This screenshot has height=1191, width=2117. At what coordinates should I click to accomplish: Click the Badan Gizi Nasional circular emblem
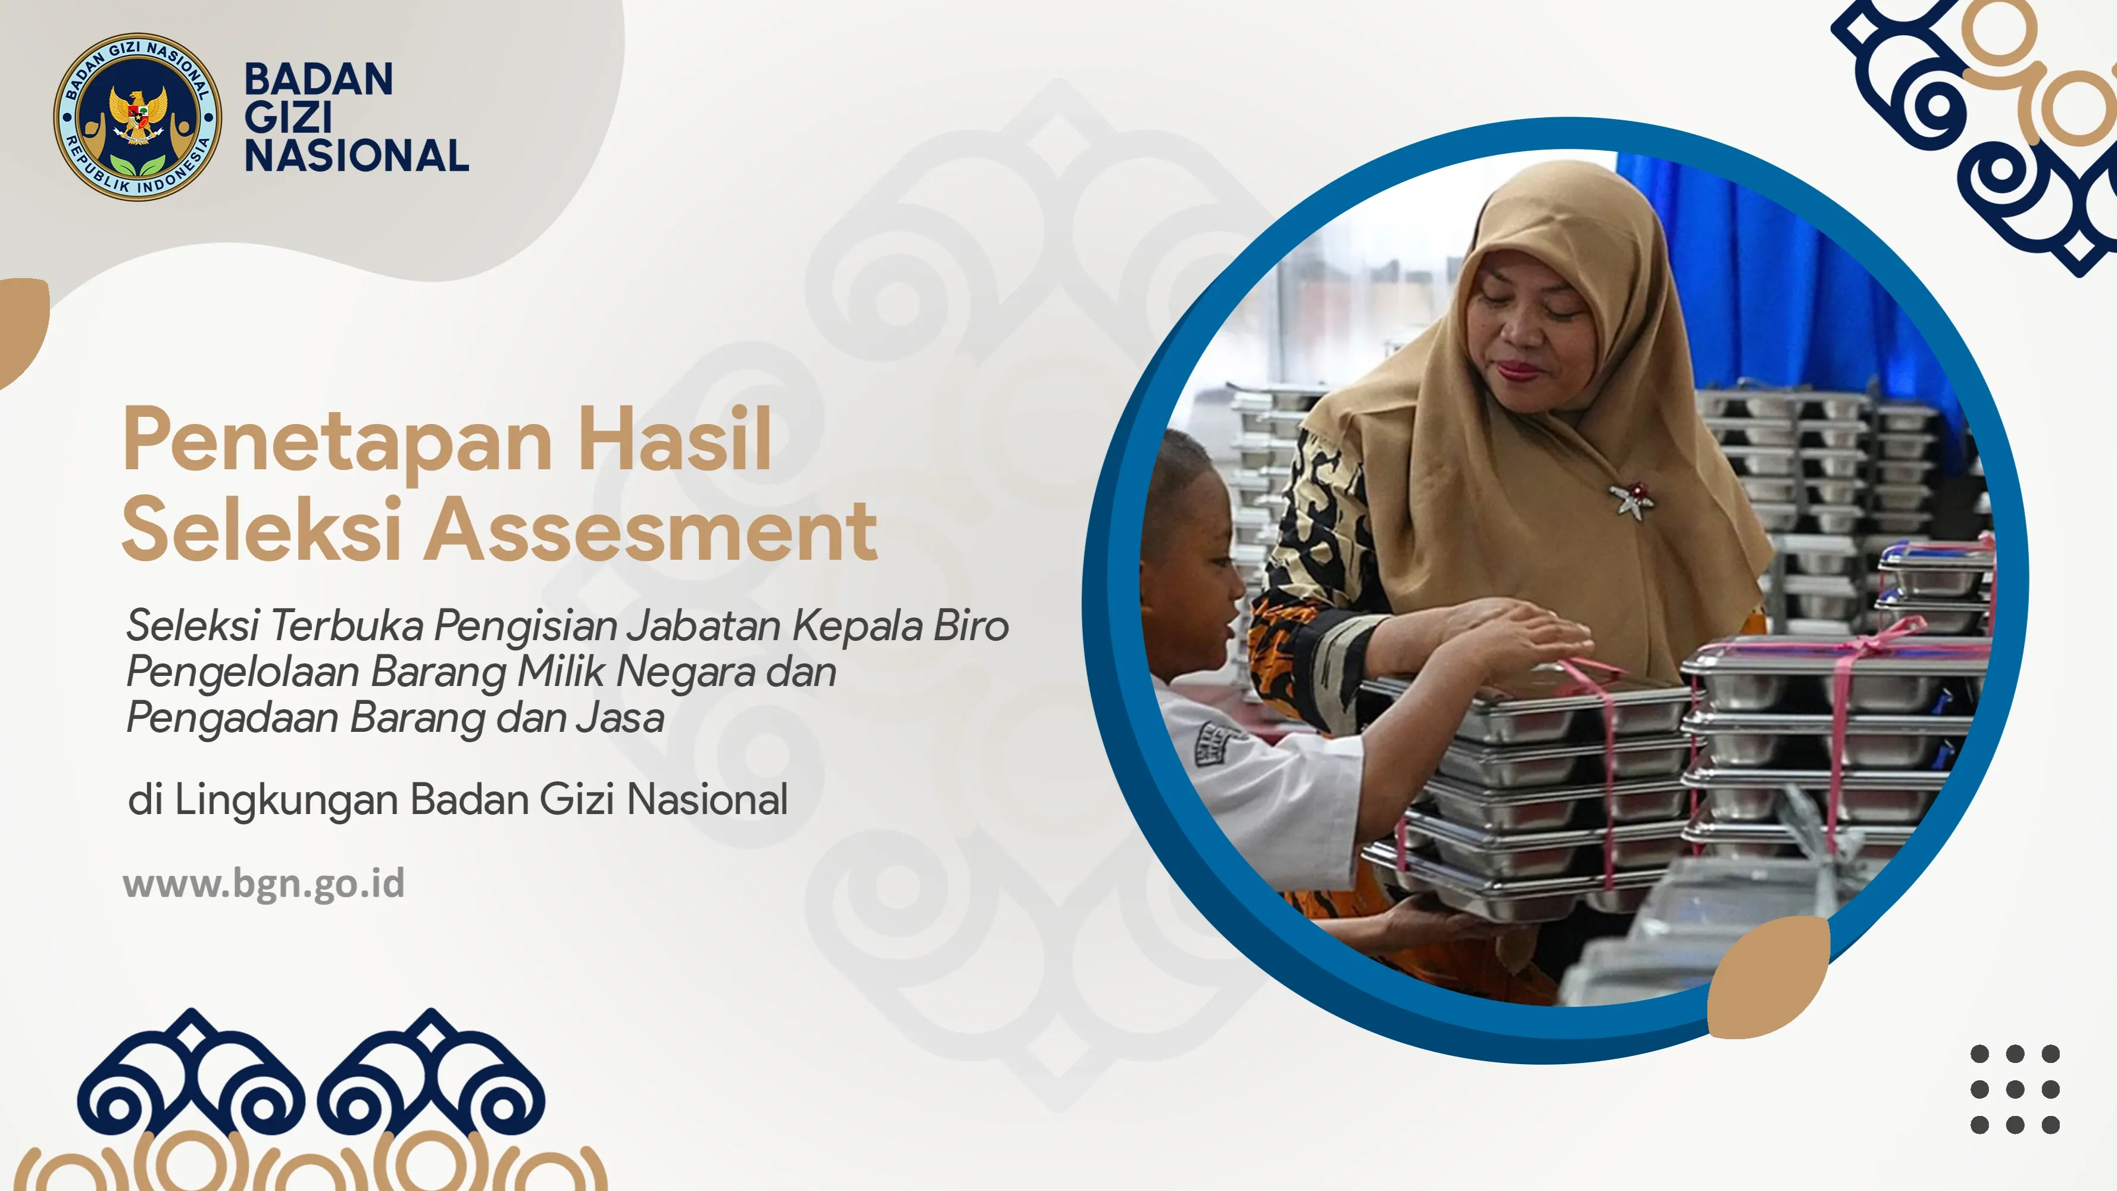pyautogui.click(x=138, y=117)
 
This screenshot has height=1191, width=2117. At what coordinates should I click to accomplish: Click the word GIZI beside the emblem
pyautogui.click(x=288, y=117)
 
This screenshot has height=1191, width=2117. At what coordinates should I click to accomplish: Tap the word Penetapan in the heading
pyautogui.click(x=337, y=441)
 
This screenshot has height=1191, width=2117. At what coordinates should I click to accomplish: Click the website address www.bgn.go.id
pyautogui.click(x=264, y=884)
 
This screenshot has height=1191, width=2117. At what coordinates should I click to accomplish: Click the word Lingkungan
pyautogui.click(x=286, y=800)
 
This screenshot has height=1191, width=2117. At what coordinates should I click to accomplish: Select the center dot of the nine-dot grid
pyautogui.click(x=2015, y=1089)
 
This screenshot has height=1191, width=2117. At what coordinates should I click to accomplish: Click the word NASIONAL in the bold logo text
pyautogui.click(x=357, y=156)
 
